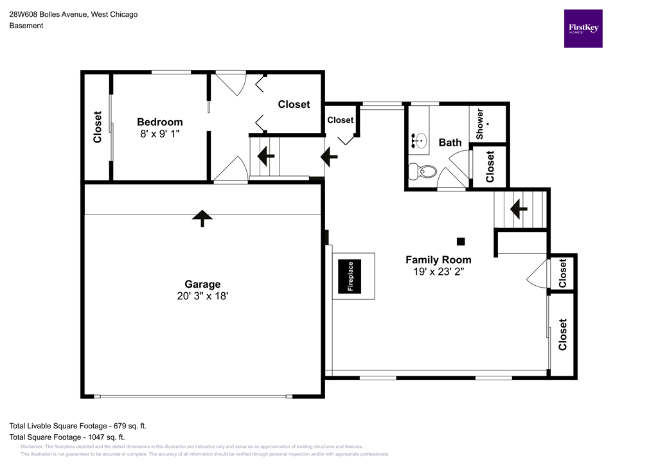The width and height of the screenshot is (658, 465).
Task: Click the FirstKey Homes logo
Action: [x=583, y=28]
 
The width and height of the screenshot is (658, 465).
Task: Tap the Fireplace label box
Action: [x=351, y=276]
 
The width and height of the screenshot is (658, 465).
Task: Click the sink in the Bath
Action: [x=419, y=141]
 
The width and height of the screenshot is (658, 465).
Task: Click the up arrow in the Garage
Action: [x=202, y=218]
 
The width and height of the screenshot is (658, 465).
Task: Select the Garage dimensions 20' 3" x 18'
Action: [x=202, y=296]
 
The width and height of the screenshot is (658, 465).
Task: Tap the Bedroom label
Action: [x=160, y=122]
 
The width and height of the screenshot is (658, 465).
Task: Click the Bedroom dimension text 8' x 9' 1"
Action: [x=160, y=134]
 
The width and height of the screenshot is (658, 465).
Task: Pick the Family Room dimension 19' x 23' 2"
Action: [x=438, y=272]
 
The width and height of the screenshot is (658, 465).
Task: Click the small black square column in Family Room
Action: [x=461, y=241]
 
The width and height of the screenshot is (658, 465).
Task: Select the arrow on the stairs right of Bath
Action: [x=519, y=208]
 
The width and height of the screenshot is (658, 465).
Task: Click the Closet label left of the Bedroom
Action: [x=98, y=127]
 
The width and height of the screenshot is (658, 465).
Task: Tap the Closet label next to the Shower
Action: [x=490, y=166]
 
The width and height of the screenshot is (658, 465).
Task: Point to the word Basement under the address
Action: [x=26, y=26]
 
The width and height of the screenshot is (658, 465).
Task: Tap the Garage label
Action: [x=202, y=284]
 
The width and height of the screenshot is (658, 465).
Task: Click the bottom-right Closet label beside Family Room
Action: [x=563, y=335]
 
